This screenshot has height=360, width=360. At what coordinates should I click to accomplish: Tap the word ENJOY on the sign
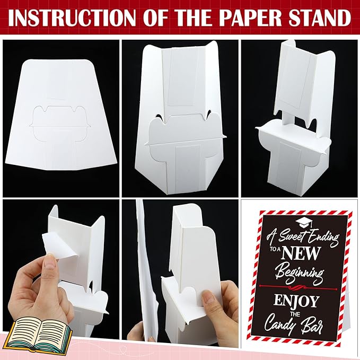(296, 301)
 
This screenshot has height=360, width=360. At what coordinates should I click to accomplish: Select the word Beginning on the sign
(300, 273)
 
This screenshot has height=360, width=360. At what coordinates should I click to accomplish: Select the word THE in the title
(194, 17)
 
